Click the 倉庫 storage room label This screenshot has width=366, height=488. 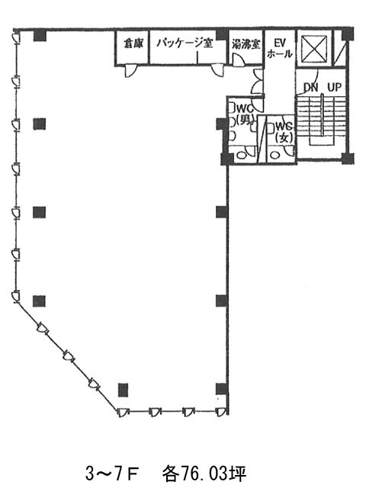(x=133, y=43)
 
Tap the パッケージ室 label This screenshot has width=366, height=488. (x=185, y=43)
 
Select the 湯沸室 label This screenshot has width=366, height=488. (x=246, y=44)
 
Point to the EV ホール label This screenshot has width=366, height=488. (x=280, y=48)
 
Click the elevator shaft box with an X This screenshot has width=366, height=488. (x=314, y=49)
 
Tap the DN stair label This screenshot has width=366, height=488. (x=310, y=88)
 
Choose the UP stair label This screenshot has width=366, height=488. (x=334, y=88)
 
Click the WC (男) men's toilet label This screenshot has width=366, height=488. (x=246, y=114)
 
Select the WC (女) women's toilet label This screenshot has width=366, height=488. (x=284, y=132)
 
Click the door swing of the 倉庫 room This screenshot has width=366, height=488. (x=130, y=71)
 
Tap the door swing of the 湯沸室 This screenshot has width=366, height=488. (x=239, y=60)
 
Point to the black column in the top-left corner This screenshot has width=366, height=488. (x=40, y=35)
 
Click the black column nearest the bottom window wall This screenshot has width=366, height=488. (x=124, y=390)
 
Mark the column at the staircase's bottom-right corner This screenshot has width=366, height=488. (x=348, y=159)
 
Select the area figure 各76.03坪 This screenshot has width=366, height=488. (x=205, y=474)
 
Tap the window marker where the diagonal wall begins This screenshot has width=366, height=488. (x=15, y=297)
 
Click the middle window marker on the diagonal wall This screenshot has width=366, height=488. (x=69, y=356)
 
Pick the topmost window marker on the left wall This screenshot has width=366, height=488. (x=16, y=37)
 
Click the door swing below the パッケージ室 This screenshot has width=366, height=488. (x=217, y=71)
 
